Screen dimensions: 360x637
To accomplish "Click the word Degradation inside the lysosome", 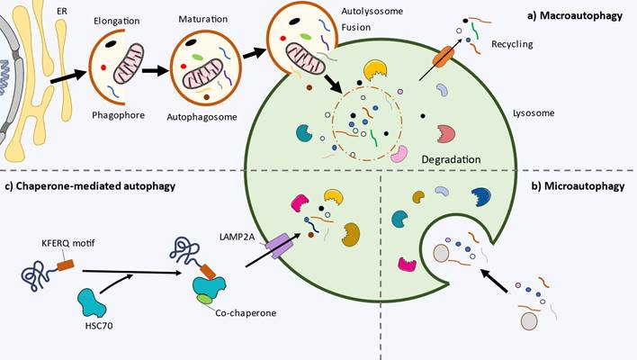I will click(453, 159).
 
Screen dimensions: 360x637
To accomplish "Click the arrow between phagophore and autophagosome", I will click(155, 73).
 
